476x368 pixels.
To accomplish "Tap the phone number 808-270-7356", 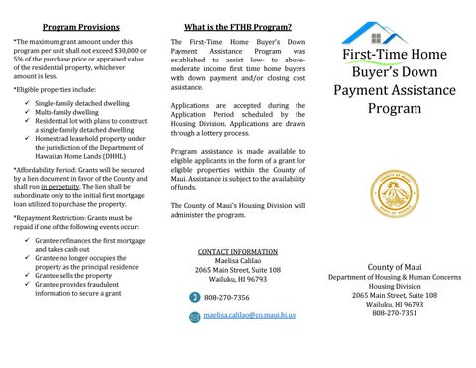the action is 226,297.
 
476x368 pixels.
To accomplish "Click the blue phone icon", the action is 193,297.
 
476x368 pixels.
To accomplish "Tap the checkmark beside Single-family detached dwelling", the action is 25,103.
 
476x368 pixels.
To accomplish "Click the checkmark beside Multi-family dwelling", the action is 25,113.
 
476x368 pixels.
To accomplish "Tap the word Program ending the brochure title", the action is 394,108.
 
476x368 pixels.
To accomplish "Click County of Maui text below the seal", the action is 395,268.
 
